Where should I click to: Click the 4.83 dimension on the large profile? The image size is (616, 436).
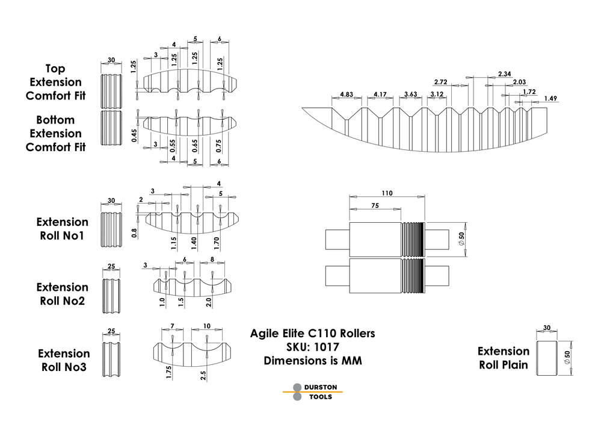click(346, 95)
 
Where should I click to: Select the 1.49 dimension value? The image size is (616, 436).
click(550, 98)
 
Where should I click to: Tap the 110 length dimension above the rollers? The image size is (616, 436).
click(387, 193)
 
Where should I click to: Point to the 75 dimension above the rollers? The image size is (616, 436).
click(374, 205)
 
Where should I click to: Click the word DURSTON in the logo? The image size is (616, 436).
click(321, 387)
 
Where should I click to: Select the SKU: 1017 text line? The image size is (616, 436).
click(313, 347)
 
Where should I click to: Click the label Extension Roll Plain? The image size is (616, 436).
click(504, 358)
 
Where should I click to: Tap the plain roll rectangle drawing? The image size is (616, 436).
click(546, 358)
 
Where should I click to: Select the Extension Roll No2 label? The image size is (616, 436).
click(62, 294)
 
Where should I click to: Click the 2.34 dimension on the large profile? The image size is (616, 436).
click(505, 74)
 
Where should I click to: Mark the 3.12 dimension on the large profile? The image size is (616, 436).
click(437, 95)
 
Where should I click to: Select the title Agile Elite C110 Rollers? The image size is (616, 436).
click(313, 333)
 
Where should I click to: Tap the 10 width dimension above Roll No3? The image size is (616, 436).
click(207, 326)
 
